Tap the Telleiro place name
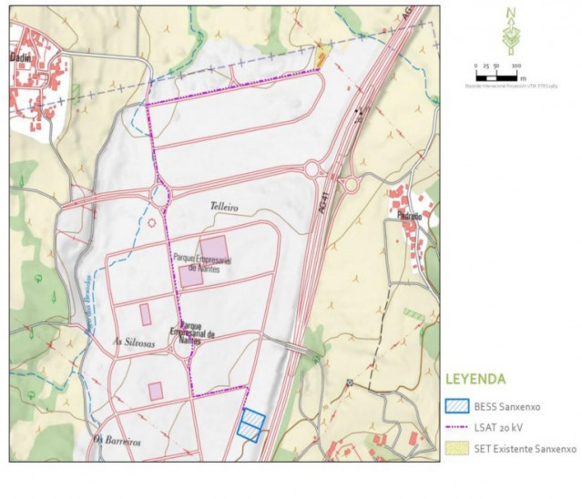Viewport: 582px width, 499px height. [223, 208]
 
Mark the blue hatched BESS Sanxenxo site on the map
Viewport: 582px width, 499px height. [251, 424]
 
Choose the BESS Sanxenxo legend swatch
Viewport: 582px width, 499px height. [459, 407]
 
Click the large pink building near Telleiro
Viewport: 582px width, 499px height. [215, 248]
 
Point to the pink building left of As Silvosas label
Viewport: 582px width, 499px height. [145, 314]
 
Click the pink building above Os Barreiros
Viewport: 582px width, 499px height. [156, 391]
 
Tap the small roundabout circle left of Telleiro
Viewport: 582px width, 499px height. [151, 221]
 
